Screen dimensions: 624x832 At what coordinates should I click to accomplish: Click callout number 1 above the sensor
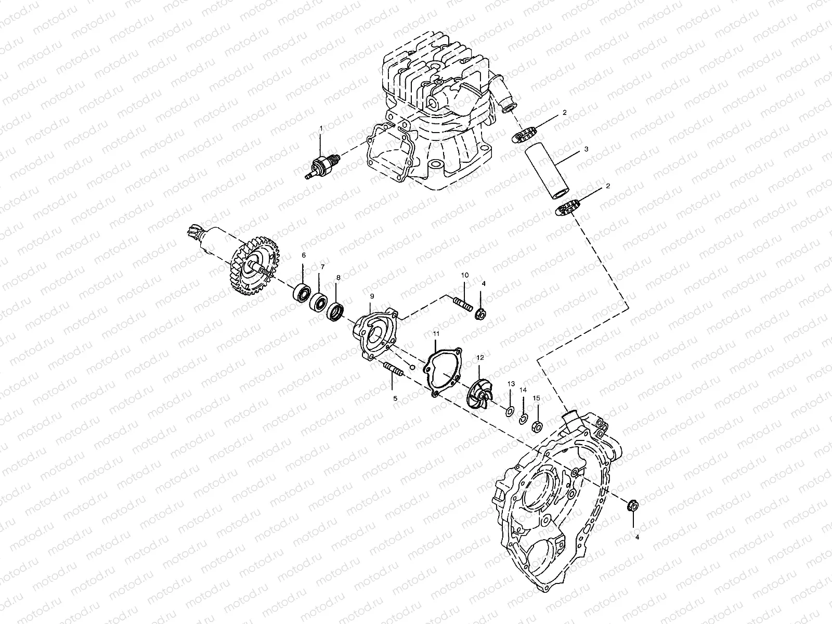(x=321, y=127)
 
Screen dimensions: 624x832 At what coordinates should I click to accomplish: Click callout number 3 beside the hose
(x=586, y=149)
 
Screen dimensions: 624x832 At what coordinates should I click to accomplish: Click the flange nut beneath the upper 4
(x=481, y=314)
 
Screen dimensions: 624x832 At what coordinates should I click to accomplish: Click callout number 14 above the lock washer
(x=523, y=389)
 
